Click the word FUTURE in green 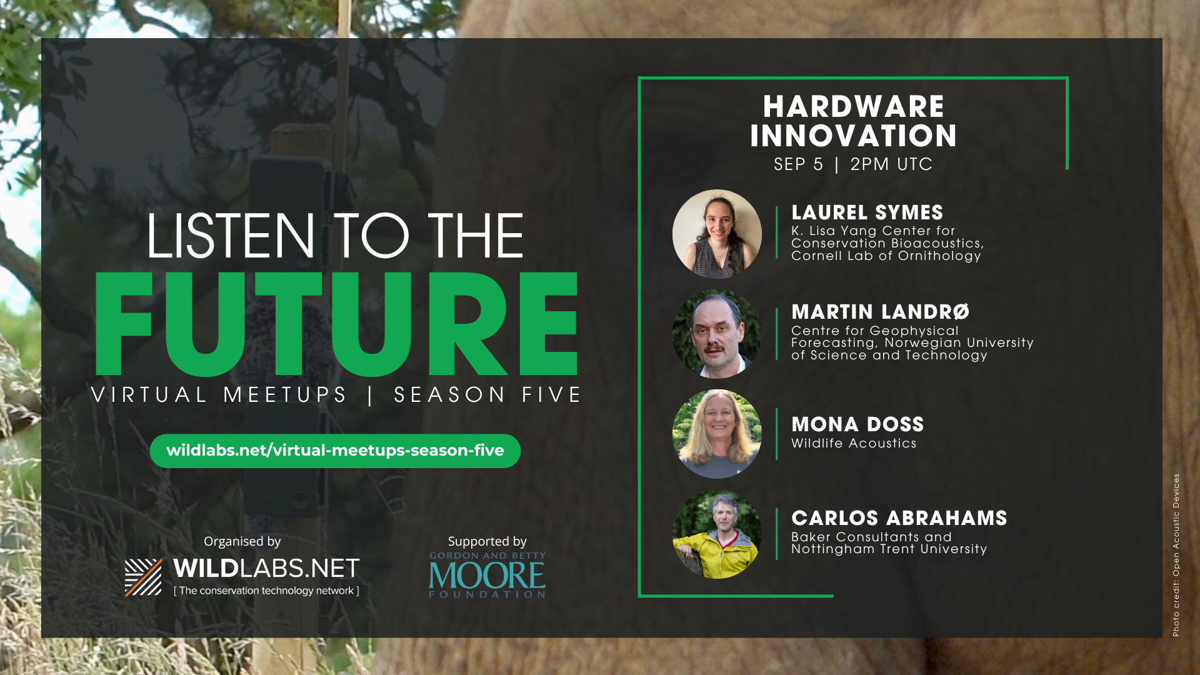(x=336, y=323)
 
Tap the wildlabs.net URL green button (x=335, y=451)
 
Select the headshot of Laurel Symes (x=717, y=234)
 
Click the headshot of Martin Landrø (x=717, y=334)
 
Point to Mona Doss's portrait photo (x=717, y=434)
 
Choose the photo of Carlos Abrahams (x=717, y=534)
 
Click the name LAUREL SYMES (x=867, y=212)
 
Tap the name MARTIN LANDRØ (x=881, y=312)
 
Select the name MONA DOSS (x=857, y=424)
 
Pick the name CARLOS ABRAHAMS (x=899, y=518)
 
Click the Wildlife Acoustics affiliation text (x=854, y=443)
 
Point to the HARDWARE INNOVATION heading (x=854, y=121)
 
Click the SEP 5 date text (x=799, y=164)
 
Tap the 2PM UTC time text (x=891, y=164)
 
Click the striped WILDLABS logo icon (x=143, y=577)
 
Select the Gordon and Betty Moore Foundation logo (x=487, y=575)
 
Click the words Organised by (x=242, y=541)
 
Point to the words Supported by (x=487, y=541)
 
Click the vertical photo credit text (x=1176, y=555)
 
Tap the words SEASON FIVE (x=487, y=395)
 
